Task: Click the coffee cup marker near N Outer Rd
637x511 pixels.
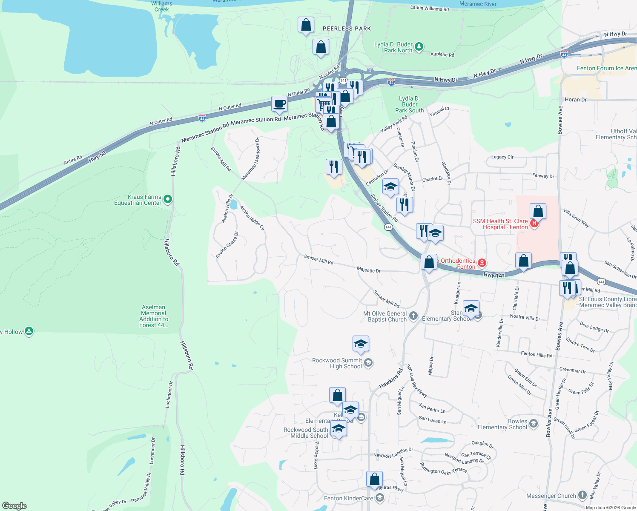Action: [279, 104]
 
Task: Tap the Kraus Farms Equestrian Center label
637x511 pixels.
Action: [138, 200]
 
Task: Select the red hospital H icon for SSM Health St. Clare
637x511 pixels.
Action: [534, 223]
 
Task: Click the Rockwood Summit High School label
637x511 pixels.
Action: [337, 363]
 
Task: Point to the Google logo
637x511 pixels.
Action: [14, 506]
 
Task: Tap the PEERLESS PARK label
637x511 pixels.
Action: [347, 29]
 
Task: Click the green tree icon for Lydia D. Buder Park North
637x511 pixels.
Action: [419, 46]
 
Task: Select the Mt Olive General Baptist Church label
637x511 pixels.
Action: [385, 316]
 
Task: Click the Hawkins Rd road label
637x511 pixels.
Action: [391, 379]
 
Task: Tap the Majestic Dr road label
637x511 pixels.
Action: [368, 270]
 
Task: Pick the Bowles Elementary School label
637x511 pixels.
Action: [502, 424]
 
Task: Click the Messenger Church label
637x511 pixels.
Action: [551, 496]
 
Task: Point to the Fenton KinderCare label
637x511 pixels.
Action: [348, 498]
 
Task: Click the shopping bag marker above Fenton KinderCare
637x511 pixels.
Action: [374, 479]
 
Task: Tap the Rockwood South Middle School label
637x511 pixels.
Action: [306, 433]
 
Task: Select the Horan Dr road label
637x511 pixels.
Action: [575, 100]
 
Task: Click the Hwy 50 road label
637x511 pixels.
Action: [97, 156]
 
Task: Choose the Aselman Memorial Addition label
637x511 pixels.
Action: [154, 316]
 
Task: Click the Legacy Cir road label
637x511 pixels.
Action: [502, 157]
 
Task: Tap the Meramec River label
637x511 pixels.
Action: [478, 4]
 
